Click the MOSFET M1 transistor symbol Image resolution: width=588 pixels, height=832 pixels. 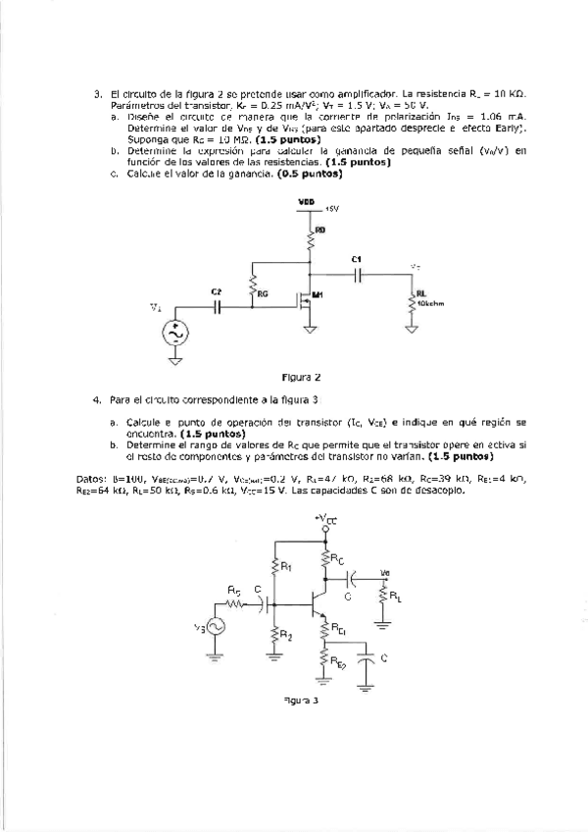point(307,299)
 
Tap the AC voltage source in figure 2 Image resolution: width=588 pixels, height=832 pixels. point(176,334)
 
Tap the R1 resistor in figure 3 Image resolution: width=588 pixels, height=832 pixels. point(275,568)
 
